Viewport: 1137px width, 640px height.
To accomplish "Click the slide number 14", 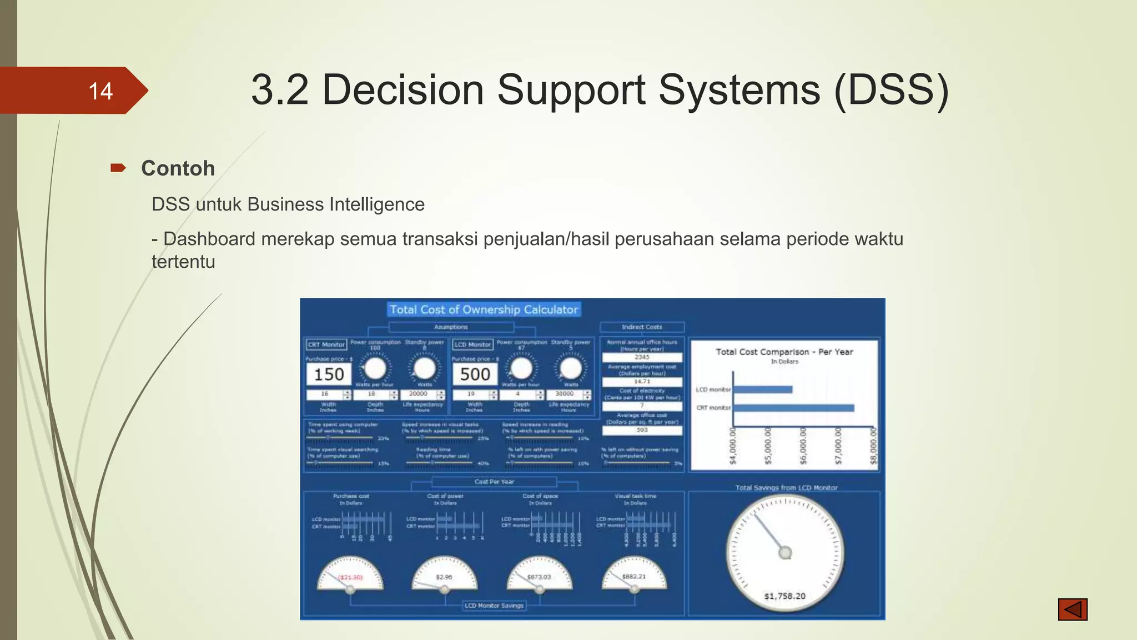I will (x=100, y=91).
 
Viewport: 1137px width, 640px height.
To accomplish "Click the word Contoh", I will (x=178, y=168).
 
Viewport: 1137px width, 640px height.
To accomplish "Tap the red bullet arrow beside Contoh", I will (x=118, y=168).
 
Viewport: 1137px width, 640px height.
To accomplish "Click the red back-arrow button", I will (x=1072, y=609).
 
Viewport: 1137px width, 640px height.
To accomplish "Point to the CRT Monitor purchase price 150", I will (x=329, y=374).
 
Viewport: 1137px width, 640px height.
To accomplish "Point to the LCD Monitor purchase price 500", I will (x=475, y=374).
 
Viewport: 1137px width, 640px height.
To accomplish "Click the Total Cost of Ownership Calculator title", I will (x=484, y=309).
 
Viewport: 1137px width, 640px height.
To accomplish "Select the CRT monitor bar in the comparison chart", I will (x=793, y=408).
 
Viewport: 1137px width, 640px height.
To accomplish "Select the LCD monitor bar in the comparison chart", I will (x=762, y=389).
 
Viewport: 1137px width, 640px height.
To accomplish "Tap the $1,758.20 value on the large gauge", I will (x=784, y=596).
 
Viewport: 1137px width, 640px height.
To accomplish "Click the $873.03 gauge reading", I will (x=539, y=577).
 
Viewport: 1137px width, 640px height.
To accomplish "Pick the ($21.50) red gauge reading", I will (x=350, y=577).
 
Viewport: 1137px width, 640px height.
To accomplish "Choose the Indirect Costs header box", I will (x=642, y=327).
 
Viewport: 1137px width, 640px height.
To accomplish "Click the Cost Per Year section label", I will (x=494, y=482).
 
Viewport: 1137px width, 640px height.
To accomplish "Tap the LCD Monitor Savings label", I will (x=494, y=606).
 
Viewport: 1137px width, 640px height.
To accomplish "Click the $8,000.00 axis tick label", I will (x=873, y=446).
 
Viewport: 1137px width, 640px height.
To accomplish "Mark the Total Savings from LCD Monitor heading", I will (x=786, y=488).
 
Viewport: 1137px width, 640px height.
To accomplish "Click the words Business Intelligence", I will (x=336, y=204).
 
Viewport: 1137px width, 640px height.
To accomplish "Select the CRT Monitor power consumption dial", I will (x=375, y=368).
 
